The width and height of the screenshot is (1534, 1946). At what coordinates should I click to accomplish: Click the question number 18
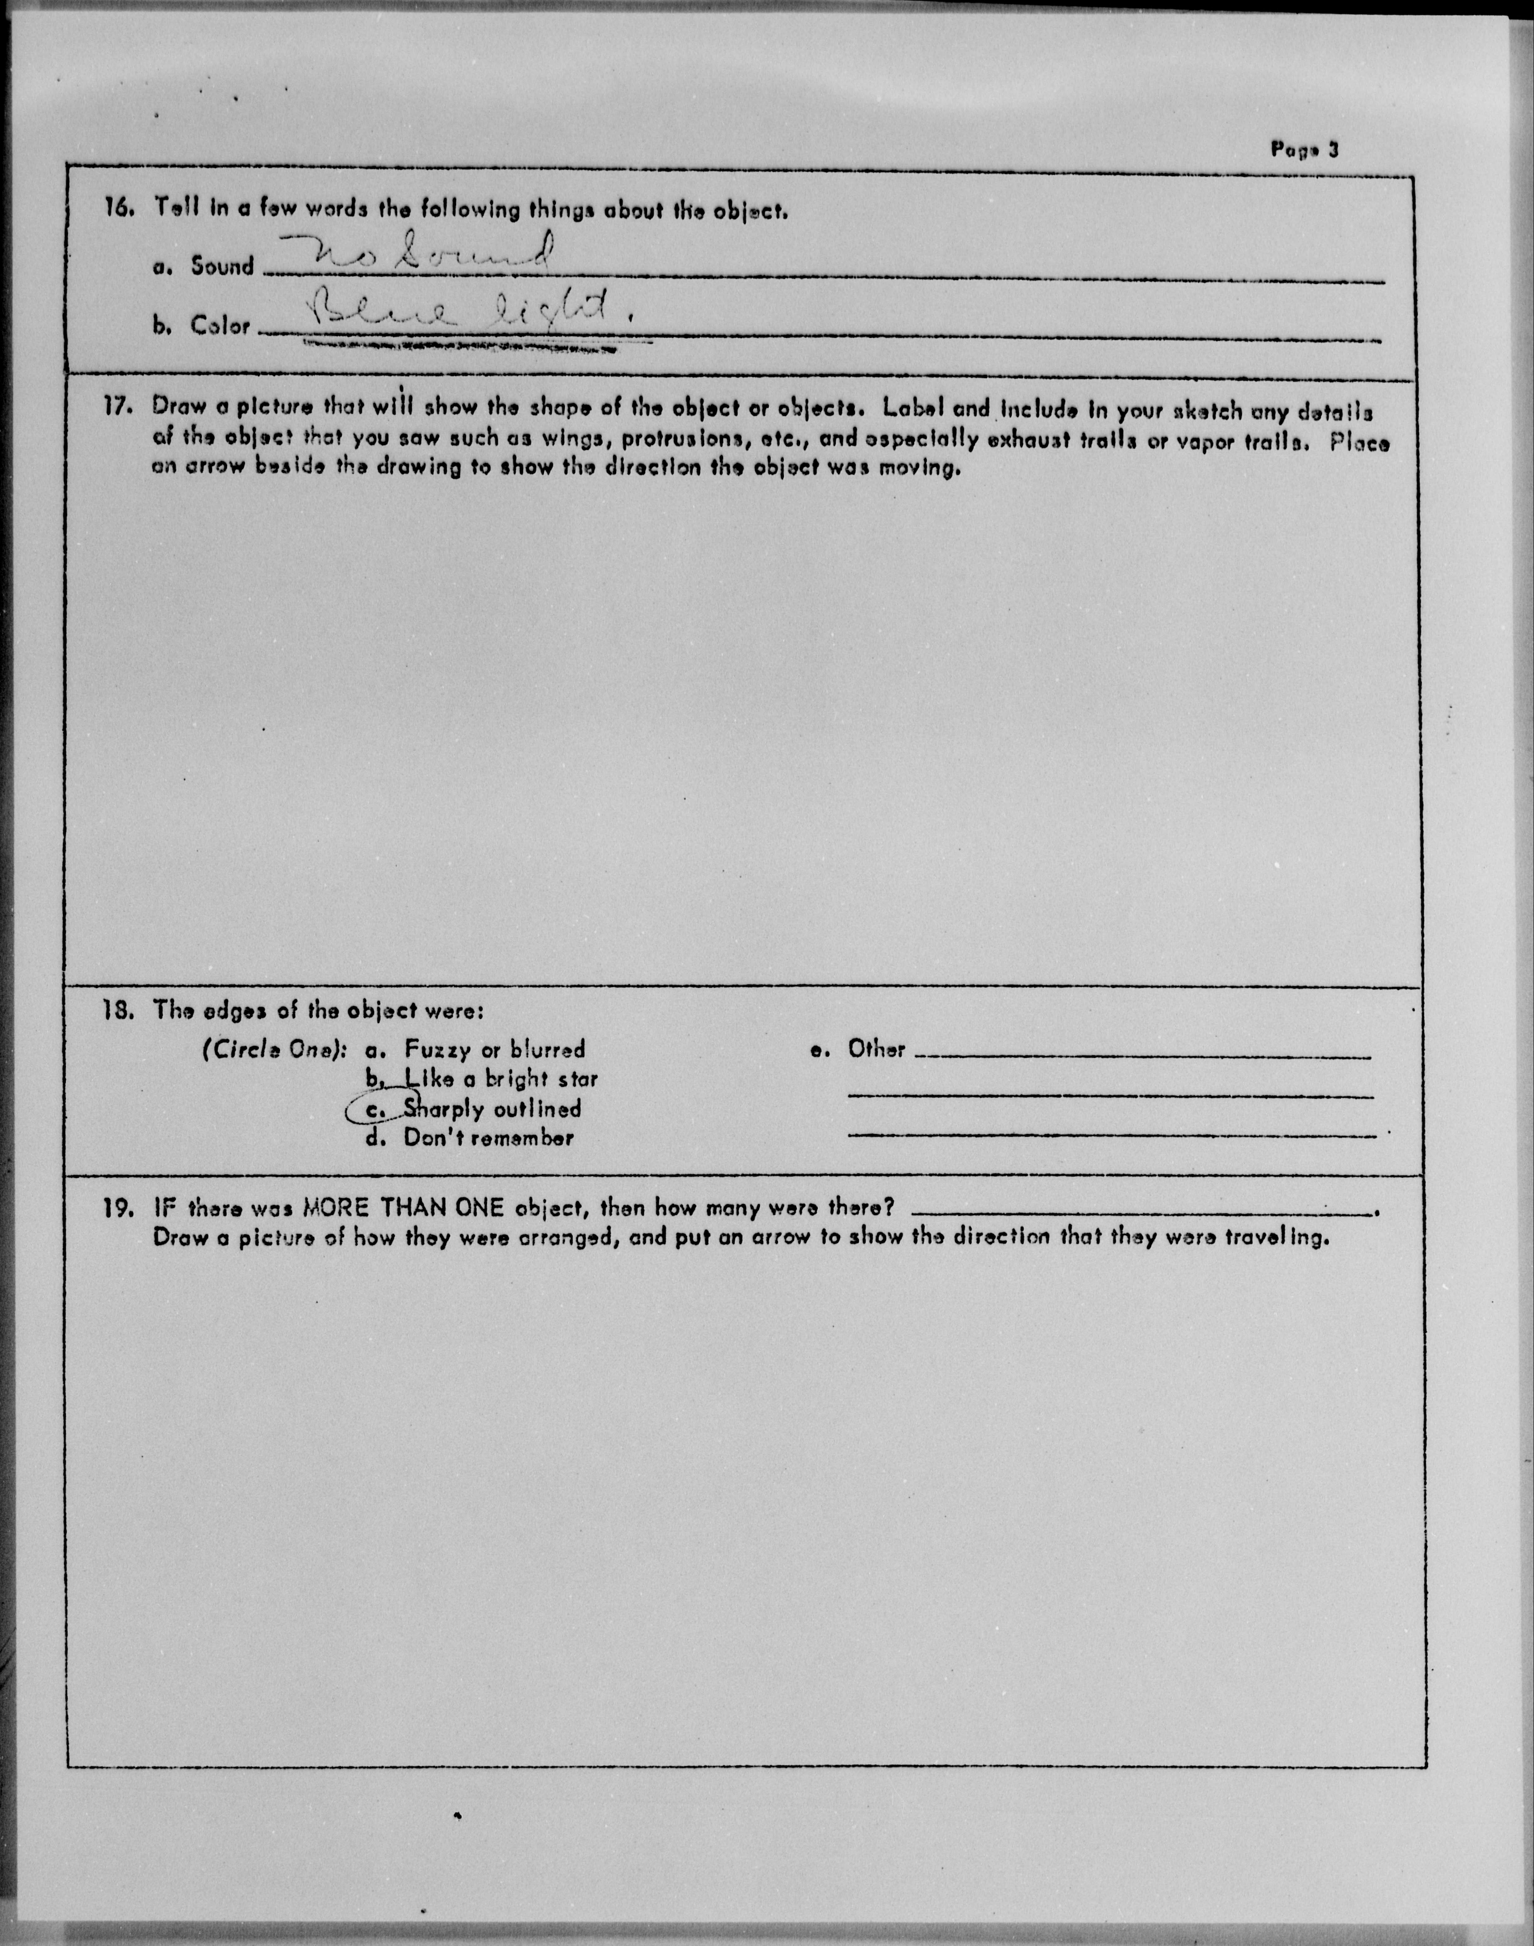pos(119,1010)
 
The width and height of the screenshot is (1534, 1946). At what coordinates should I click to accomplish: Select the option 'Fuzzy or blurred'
pos(494,1049)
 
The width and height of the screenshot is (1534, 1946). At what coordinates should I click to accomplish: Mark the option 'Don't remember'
pos(488,1139)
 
